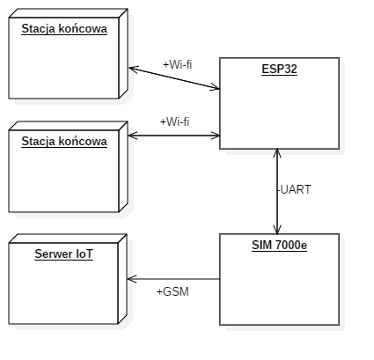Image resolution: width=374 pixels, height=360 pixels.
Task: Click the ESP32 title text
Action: tap(279, 70)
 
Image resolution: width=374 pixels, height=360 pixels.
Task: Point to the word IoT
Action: tap(84, 254)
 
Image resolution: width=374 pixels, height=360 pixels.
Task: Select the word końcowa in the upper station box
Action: tap(83, 29)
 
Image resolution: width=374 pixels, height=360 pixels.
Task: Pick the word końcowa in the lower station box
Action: tap(83, 142)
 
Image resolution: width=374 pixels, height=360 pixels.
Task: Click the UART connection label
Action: tap(294, 189)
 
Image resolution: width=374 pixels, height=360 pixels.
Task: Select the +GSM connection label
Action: tap(172, 291)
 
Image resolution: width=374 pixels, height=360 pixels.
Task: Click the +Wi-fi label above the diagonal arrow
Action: tap(178, 64)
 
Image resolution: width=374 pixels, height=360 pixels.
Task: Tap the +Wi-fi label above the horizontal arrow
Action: tap(174, 121)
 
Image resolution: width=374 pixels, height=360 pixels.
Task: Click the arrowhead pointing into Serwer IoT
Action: tap(132, 279)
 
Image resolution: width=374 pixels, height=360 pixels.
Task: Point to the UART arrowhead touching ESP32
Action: tap(277, 153)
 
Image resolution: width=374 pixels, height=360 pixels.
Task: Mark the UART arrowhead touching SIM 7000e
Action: tap(277, 230)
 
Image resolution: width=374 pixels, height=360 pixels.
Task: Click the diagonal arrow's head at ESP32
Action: tap(215, 87)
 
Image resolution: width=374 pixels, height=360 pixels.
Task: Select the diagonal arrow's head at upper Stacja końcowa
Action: tap(134, 70)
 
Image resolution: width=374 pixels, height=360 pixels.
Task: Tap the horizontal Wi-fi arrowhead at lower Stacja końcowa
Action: tap(133, 136)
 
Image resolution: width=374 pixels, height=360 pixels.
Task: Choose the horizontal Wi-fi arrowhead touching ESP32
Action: tap(215, 136)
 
